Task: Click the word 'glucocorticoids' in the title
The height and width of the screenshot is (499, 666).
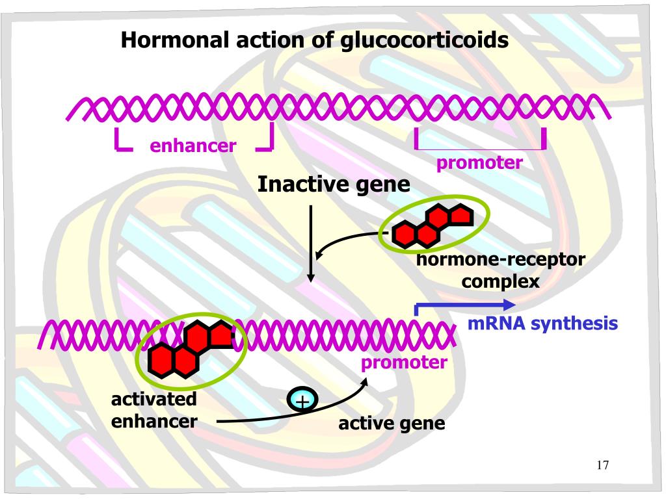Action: pyautogui.click(x=423, y=41)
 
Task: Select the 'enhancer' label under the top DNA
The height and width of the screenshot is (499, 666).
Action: pyautogui.click(x=193, y=146)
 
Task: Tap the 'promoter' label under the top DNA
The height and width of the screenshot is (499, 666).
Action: pyautogui.click(x=479, y=162)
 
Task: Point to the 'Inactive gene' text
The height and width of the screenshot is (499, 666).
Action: pyautogui.click(x=334, y=185)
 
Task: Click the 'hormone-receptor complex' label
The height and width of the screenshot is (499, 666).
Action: pyautogui.click(x=501, y=270)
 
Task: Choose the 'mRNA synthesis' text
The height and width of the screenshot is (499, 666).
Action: pyautogui.click(x=542, y=323)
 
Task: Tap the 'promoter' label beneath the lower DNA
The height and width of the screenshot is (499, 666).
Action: pyautogui.click(x=405, y=362)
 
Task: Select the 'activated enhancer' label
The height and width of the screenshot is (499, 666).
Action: pyautogui.click(x=154, y=409)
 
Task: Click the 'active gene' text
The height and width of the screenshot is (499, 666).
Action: pyautogui.click(x=392, y=424)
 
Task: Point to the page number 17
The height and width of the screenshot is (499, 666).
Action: pyautogui.click(x=602, y=465)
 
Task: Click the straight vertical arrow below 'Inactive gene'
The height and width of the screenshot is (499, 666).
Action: pyautogui.click(x=311, y=243)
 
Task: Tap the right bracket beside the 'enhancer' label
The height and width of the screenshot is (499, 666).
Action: pyautogui.click(x=266, y=142)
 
